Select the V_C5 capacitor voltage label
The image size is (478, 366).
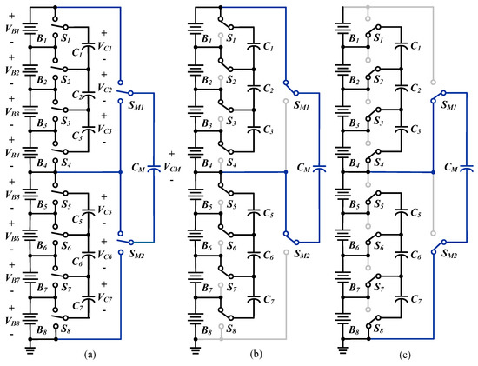click(103, 211)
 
